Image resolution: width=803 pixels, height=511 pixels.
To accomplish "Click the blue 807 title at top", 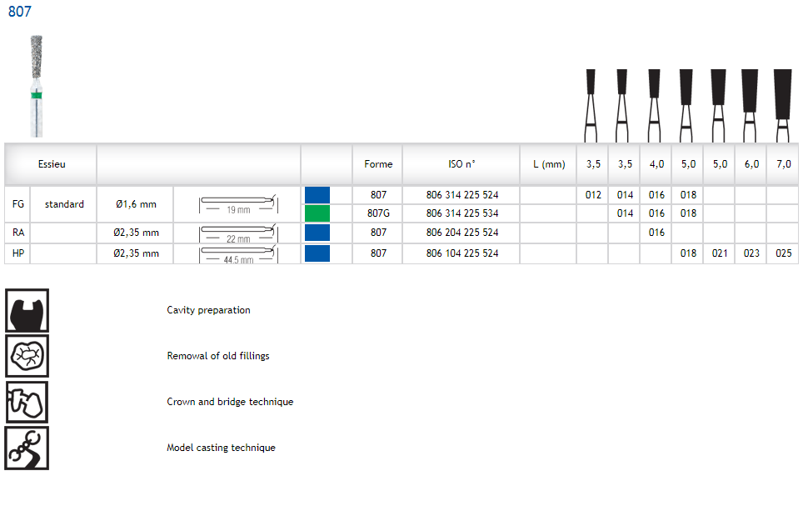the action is (x=19, y=12).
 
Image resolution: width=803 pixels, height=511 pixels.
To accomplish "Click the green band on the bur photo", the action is (x=37, y=95).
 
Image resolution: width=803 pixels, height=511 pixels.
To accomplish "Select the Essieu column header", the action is (x=52, y=164).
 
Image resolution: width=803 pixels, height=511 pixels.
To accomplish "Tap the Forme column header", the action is (x=378, y=164).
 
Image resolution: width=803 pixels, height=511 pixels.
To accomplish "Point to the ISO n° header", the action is (x=462, y=164).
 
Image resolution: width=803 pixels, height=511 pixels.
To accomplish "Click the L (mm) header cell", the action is (x=549, y=164).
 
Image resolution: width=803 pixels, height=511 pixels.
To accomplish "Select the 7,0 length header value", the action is (x=784, y=164).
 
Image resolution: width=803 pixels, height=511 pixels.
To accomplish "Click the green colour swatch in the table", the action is (x=317, y=213).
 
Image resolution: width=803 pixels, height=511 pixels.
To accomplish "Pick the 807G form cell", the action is (x=378, y=213).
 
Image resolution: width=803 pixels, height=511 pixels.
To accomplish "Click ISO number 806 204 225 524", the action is (x=462, y=233).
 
